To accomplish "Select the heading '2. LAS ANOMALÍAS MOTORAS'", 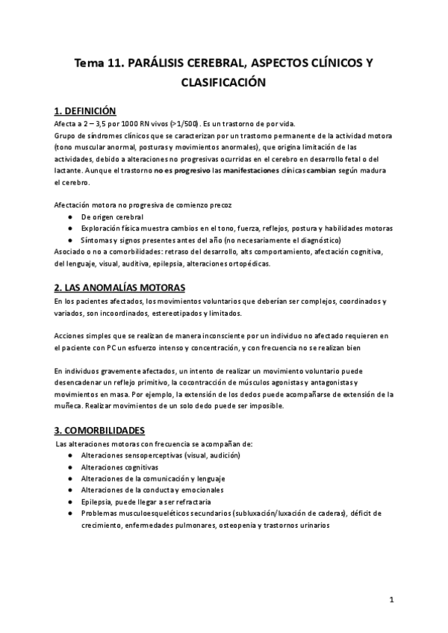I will click(120, 287).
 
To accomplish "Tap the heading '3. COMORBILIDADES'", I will click(100, 431).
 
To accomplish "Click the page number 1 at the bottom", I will click(391, 600).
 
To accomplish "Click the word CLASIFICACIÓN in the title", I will click(224, 84).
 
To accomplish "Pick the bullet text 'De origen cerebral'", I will click(112, 216).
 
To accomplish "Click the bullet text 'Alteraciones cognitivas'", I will click(120, 467).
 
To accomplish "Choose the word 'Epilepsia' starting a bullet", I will click(99, 502).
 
